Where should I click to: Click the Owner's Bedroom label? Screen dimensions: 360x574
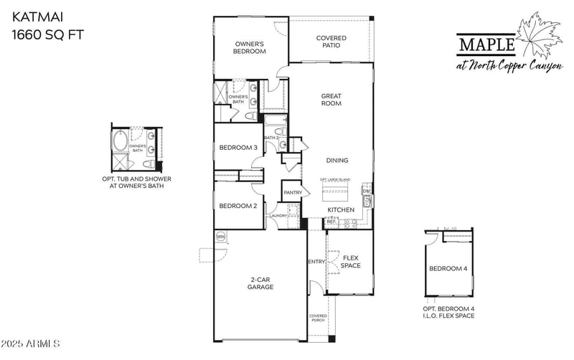[250, 47]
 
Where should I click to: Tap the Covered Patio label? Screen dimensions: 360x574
[331, 42]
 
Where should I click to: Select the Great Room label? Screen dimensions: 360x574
[331, 100]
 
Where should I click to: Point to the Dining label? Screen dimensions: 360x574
[337, 161]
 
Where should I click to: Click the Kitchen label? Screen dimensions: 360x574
[341, 209]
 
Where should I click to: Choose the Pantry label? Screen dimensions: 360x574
[292, 192]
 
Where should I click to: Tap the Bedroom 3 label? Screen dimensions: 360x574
[237, 148]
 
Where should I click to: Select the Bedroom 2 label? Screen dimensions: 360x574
[237, 206]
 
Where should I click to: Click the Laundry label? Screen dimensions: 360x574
[278, 215]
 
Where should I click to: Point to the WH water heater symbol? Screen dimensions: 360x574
[221, 236]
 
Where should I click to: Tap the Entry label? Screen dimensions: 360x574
[316, 262]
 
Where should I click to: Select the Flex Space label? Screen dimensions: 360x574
[350, 262]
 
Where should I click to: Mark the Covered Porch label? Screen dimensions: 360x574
[318, 318]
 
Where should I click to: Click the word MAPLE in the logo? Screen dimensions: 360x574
[486, 46]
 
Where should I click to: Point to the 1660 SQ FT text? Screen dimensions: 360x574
[42, 33]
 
